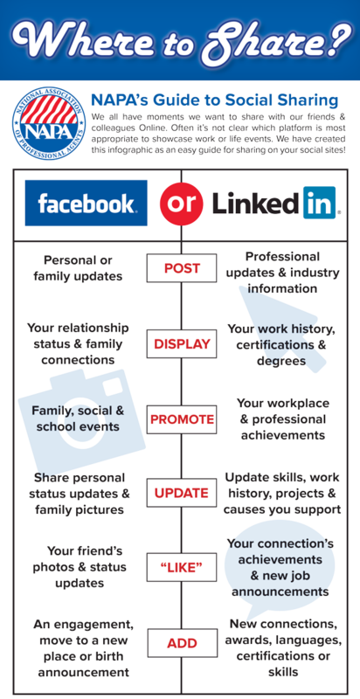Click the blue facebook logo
click(x=86, y=203)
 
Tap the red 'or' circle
click(x=182, y=203)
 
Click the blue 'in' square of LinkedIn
click(x=320, y=203)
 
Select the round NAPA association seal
click(x=49, y=124)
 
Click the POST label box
click(x=182, y=268)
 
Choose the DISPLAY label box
click(x=182, y=343)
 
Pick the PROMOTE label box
click(x=182, y=419)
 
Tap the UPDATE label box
click(x=182, y=493)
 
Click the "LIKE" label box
click(x=182, y=567)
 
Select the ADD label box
click(x=183, y=643)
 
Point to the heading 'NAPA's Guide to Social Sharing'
click(x=214, y=100)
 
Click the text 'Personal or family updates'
click(x=78, y=268)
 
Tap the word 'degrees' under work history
click(x=281, y=361)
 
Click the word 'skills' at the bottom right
click(x=283, y=672)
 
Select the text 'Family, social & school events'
click(x=78, y=419)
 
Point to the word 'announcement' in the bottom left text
click(x=83, y=672)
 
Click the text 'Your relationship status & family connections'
click(x=78, y=343)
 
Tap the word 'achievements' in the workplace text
click(x=283, y=435)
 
